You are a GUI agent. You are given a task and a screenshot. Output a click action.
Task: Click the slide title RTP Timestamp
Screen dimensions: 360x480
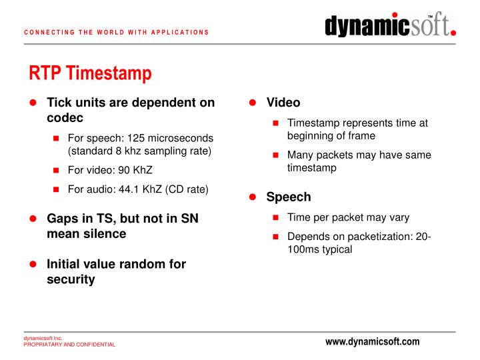pyautogui.click(x=90, y=73)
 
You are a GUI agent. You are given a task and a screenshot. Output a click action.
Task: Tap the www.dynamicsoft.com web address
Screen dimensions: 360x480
pyautogui.click(x=373, y=341)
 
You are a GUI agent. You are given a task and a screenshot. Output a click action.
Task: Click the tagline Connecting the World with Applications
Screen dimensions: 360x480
pyautogui.click(x=117, y=32)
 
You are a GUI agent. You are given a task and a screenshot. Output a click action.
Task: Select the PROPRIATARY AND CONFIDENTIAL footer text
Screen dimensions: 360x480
pyautogui.click(x=69, y=345)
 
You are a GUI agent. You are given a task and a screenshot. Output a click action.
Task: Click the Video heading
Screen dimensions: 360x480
pyautogui.click(x=283, y=103)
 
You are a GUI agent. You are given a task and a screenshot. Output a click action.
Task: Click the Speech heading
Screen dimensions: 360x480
pyautogui.click(x=288, y=197)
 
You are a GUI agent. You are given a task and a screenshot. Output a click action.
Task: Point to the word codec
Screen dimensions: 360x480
pyautogui.click(x=65, y=118)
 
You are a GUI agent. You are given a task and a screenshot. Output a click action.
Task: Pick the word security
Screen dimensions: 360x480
pyautogui.click(x=71, y=279)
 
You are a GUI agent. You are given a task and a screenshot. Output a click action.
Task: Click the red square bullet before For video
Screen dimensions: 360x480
pyautogui.click(x=57, y=171)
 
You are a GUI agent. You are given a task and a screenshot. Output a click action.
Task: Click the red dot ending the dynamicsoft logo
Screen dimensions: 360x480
pyautogui.click(x=453, y=31)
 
